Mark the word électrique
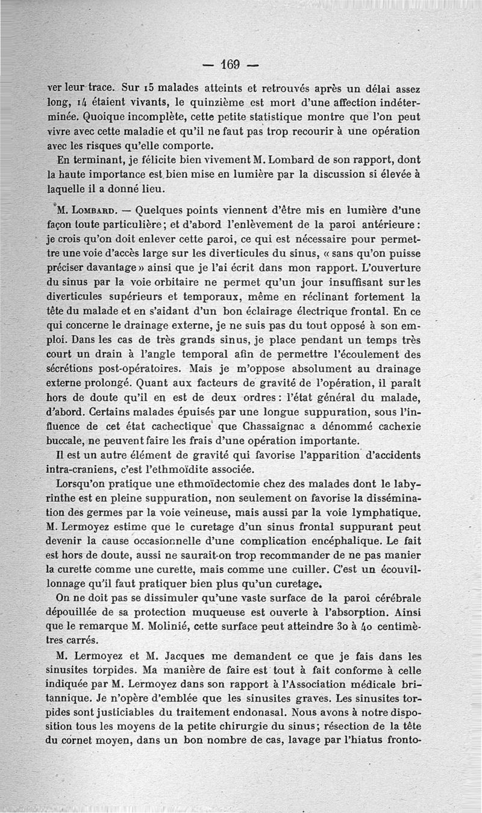point(320,312)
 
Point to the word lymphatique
point(384,513)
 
